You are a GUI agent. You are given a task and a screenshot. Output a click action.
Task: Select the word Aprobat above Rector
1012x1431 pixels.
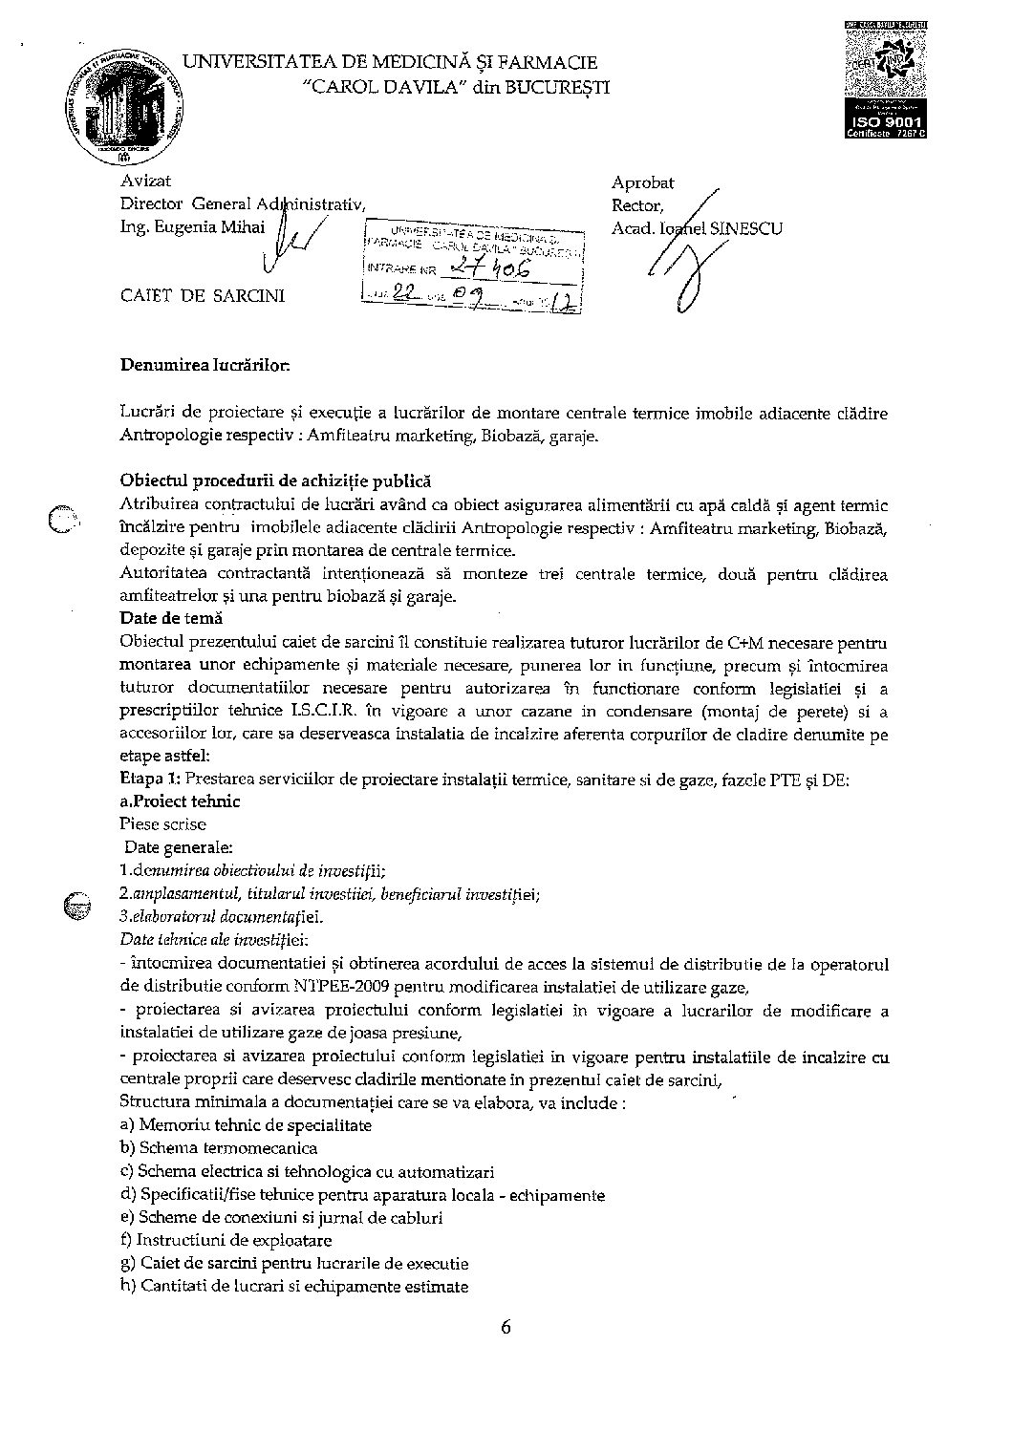pos(643,182)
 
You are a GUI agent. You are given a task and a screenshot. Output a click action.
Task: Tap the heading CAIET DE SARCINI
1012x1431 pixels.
pos(203,295)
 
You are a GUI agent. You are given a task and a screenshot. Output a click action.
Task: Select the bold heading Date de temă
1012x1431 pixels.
pos(171,617)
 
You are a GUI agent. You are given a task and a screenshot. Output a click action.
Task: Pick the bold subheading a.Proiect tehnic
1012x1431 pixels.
pos(181,801)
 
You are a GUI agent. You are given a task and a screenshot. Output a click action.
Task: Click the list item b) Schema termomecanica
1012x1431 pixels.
pos(219,1147)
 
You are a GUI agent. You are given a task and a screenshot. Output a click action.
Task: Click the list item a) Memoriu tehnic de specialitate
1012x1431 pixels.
pos(246,1124)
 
